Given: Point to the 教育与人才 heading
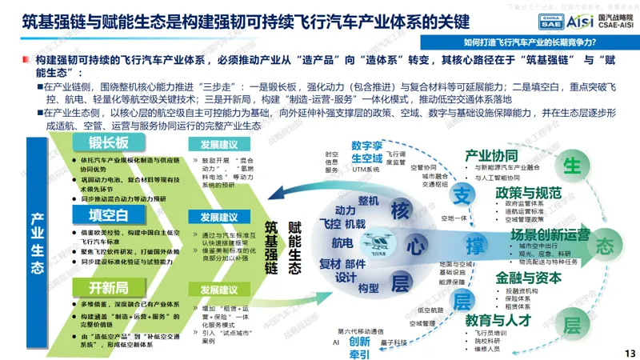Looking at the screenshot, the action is click(499, 319).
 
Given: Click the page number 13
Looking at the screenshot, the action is click(628, 352).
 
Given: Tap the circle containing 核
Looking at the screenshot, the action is click(400, 210).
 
